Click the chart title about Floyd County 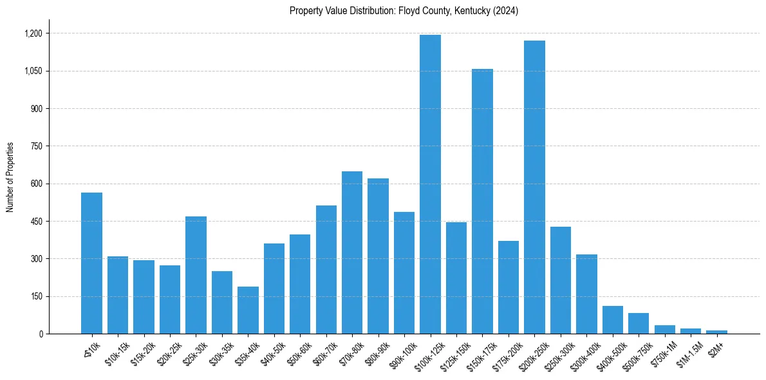404,11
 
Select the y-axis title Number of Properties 10,177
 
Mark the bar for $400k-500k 612,319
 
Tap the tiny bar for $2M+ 716,332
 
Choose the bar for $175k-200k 509,287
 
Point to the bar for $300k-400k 586,294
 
